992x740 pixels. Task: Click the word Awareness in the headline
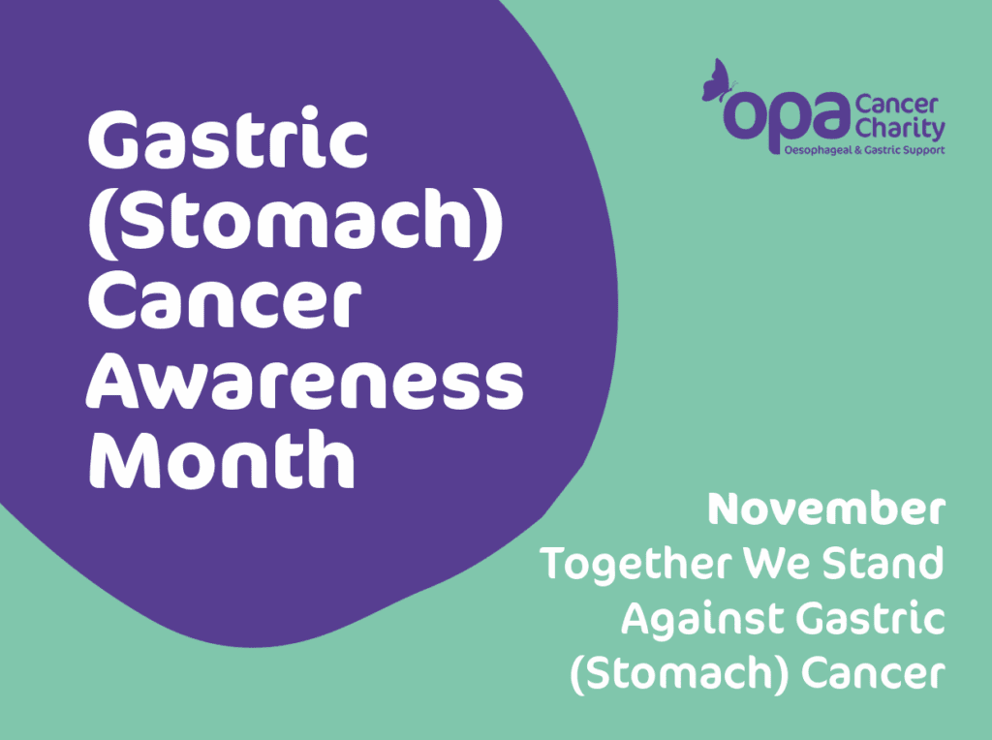pyautogui.click(x=304, y=385)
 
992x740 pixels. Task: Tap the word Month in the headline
pyautogui.click(x=221, y=459)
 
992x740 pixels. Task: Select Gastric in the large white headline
pyautogui.click(x=228, y=139)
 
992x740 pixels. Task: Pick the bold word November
pyautogui.click(x=826, y=509)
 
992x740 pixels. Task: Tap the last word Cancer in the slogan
pyautogui.click(x=873, y=673)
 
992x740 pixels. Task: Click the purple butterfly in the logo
pyautogui.click(x=717, y=81)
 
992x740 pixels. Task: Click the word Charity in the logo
pyautogui.click(x=900, y=129)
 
